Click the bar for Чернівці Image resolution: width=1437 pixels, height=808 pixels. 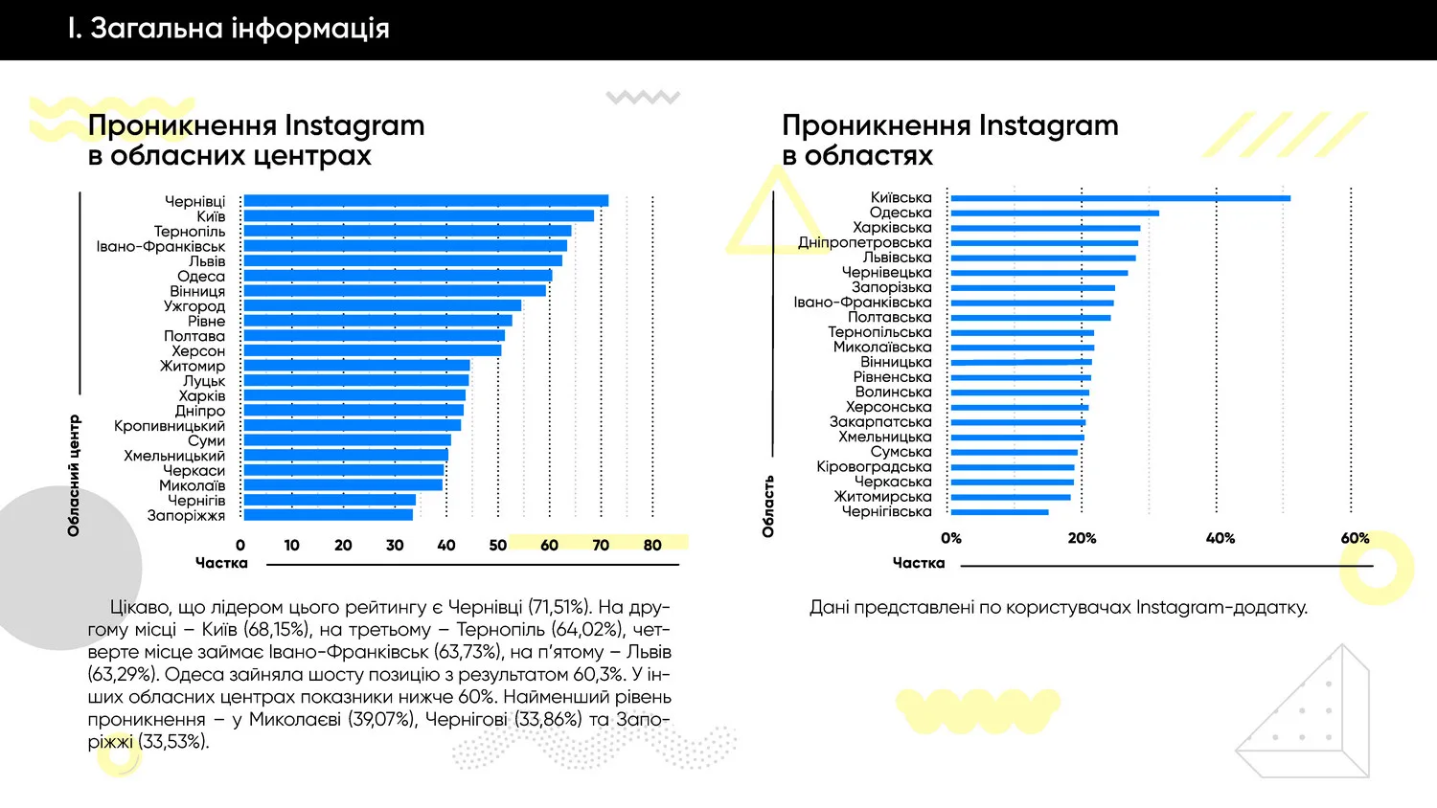[x=425, y=201]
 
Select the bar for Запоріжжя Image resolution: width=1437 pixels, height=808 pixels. [x=328, y=515]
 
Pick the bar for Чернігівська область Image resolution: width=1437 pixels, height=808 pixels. [x=999, y=512]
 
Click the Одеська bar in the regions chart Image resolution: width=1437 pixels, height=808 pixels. [x=1054, y=213]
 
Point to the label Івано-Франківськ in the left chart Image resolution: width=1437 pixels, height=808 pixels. [x=160, y=247]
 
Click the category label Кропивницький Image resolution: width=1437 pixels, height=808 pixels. [x=170, y=426]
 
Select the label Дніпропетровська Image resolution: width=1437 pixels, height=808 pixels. [x=864, y=243]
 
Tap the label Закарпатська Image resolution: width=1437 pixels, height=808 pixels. [x=879, y=422]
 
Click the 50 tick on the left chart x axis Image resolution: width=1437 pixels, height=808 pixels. [x=497, y=546]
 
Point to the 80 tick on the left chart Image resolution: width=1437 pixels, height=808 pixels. [x=652, y=546]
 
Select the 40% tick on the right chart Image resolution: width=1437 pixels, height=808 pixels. [x=1220, y=539]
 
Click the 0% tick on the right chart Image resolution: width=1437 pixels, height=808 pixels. [x=950, y=539]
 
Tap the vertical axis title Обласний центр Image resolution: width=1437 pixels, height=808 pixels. [x=74, y=476]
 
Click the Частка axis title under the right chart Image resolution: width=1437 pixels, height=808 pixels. [x=918, y=563]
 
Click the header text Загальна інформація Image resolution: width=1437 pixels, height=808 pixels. [x=239, y=29]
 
